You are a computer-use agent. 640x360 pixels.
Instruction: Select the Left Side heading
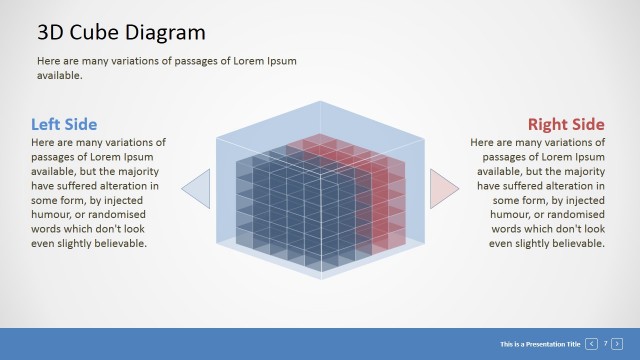tap(64, 125)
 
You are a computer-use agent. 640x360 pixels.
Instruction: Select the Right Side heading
tap(566, 125)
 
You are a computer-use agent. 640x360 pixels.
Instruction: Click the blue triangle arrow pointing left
tap(198, 188)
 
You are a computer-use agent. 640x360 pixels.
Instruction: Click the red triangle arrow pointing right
tap(441, 188)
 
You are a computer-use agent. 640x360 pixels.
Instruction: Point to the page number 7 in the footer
tap(605, 344)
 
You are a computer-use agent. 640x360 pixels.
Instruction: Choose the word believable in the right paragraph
tap(576, 243)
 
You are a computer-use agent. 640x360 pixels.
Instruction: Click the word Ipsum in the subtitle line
tap(278, 61)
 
